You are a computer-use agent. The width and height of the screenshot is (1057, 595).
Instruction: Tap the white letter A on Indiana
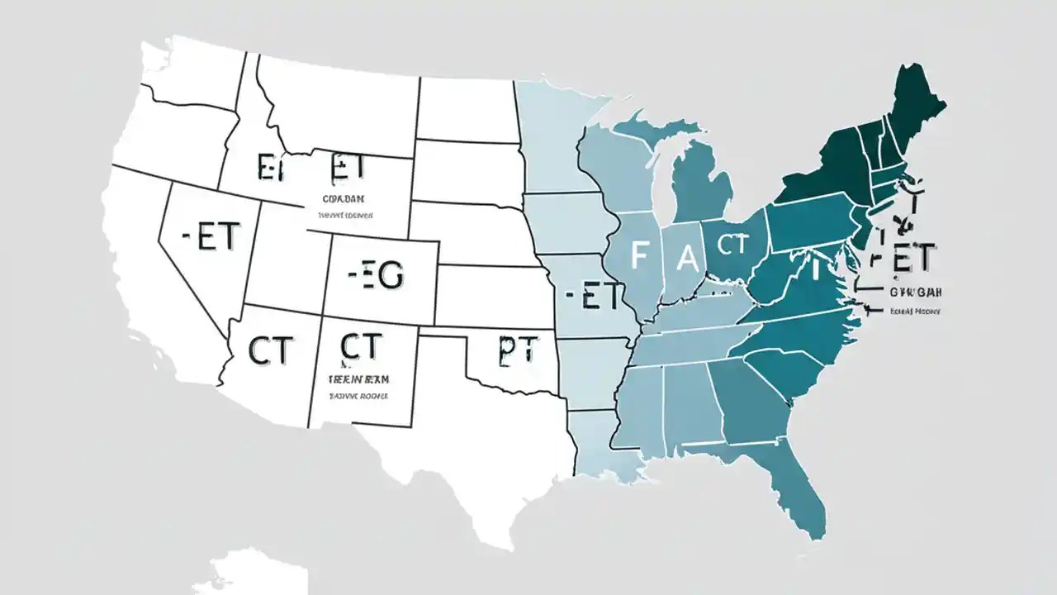point(687,259)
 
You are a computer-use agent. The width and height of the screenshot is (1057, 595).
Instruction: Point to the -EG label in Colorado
point(376,277)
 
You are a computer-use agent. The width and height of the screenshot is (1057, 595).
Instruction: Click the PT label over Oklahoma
point(516,351)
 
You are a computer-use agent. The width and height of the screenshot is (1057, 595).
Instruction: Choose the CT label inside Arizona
point(269,351)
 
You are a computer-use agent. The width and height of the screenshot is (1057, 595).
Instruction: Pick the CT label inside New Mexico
point(360,346)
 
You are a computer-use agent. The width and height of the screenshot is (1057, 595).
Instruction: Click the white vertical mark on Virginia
point(813,269)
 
